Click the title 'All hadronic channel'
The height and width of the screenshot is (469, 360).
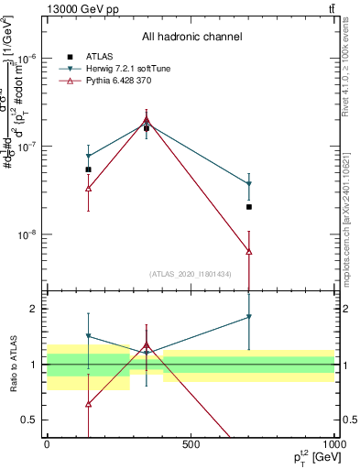[191, 38]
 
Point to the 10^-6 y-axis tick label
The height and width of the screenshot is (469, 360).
[27, 58]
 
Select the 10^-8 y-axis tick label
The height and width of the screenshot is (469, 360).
[27, 234]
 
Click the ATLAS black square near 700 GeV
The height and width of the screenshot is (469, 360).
[249, 207]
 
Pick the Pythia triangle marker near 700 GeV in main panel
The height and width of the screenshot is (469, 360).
[249, 251]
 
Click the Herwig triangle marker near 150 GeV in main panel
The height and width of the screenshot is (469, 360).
[88, 157]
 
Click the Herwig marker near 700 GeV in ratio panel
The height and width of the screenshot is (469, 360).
[249, 317]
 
